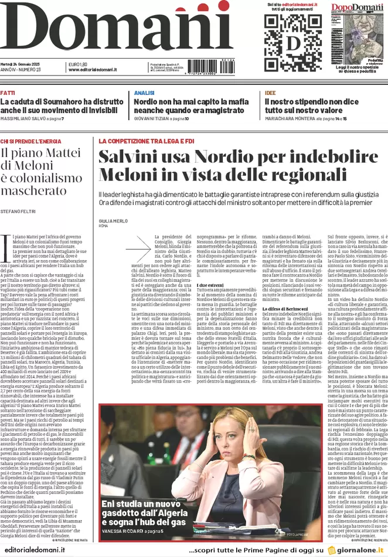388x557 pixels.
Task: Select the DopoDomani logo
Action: coord(358,8)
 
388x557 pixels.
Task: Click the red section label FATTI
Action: coord(8,93)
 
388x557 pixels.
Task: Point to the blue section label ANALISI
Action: coord(144,93)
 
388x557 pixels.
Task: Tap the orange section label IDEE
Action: coord(270,93)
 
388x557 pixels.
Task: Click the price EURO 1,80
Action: coord(78,64)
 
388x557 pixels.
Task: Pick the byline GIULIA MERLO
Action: coord(113,221)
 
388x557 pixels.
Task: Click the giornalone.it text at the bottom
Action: coord(361,551)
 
